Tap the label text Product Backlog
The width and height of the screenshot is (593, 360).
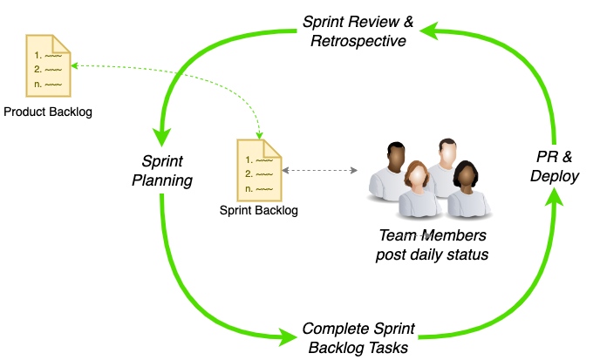tap(48, 112)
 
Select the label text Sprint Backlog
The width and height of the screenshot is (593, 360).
tap(259, 210)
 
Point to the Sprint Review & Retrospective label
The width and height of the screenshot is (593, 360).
tap(358, 31)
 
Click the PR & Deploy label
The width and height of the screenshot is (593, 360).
tap(555, 166)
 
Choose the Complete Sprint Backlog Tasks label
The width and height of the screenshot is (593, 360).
tap(358, 338)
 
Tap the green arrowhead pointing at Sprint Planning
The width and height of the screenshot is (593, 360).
tap(161, 136)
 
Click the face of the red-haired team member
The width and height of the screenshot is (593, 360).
tap(419, 174)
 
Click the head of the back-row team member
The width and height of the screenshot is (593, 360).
tap(447, 152)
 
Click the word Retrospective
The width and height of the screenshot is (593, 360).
tap(358, 41)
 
